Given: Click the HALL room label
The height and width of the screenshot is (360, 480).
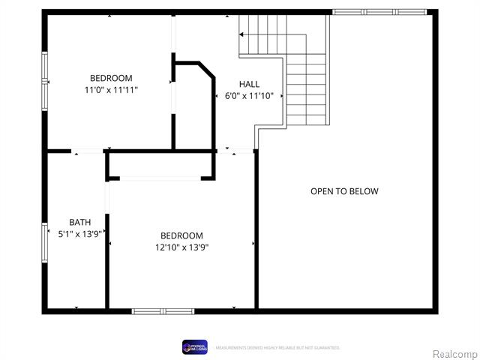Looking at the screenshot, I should [250, 84].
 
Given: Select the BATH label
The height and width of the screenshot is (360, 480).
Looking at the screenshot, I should [80, 222].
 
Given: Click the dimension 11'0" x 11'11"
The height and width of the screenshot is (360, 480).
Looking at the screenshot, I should [111, 90].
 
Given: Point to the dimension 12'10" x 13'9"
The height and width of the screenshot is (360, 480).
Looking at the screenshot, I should [181, 247].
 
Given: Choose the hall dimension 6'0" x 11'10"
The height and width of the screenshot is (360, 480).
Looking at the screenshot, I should [250, 96].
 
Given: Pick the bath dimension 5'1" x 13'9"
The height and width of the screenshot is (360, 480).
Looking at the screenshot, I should [80, 234].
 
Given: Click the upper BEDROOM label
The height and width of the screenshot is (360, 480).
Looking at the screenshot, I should [111, 78].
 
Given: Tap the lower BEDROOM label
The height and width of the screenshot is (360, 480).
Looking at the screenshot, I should [181, 235].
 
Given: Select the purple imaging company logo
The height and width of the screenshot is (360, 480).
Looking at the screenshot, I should [194, 346].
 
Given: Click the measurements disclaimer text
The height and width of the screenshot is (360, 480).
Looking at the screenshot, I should [277, 348].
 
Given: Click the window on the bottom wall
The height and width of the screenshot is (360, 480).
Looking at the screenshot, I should [163, 310].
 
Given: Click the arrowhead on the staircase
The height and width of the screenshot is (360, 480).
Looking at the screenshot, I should [242, 34].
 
